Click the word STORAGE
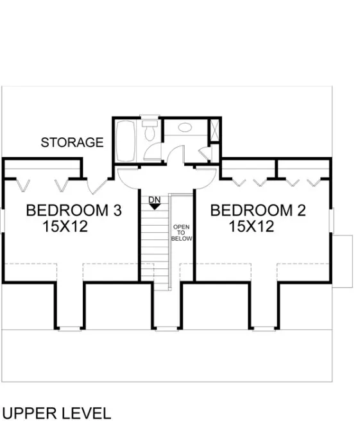click(x=72, y=142)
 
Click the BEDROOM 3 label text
click(x=73, y=210)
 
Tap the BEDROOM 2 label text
click(x=258, y=210)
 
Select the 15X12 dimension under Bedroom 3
click(x=65, y=226)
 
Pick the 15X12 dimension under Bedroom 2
click(x=252, y=226)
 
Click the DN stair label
click(x=154, y=200)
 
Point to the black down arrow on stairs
click(x=154, y=207)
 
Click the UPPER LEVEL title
click(x=56, y=413)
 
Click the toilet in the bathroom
click(x=149, y=132)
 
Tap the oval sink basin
click(x=185, y=128)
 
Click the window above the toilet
click(x=149, y=117)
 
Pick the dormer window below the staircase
click(x=166, y=329)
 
